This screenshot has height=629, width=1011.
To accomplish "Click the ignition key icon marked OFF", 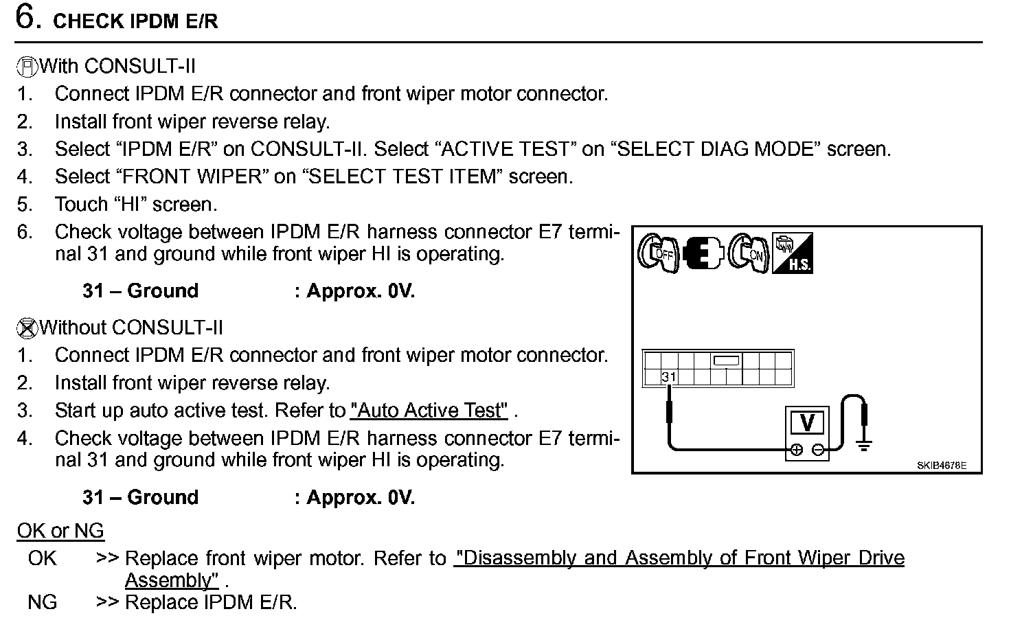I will [x=657, y=253].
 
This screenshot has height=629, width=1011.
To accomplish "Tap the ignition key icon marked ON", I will [x=748, y=253].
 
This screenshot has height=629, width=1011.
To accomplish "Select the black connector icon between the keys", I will [x=703, y=253].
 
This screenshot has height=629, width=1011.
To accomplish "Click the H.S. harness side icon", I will [x=793, y=253].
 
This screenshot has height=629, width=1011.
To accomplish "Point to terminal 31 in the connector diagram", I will [x=669, y=377].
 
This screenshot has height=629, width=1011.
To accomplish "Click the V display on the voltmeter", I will [x=808, y=422].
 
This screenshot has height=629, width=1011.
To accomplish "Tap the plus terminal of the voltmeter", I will [x=796, y=450].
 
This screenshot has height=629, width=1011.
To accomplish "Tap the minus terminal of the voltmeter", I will [x=818, y=450].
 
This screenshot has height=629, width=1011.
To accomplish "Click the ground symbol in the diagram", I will [x=863, y=444].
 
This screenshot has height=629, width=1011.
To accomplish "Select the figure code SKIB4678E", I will [x=941, y=466].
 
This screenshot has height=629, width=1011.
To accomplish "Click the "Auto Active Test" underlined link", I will [x=429, y=411].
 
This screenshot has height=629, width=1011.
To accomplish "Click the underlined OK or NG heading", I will [x=60, y=531].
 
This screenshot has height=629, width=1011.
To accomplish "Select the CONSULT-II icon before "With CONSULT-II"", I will [x=26, y=67].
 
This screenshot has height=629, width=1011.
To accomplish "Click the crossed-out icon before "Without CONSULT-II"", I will [x=26, y=329].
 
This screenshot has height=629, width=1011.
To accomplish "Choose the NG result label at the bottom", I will [x=43, y=603].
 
